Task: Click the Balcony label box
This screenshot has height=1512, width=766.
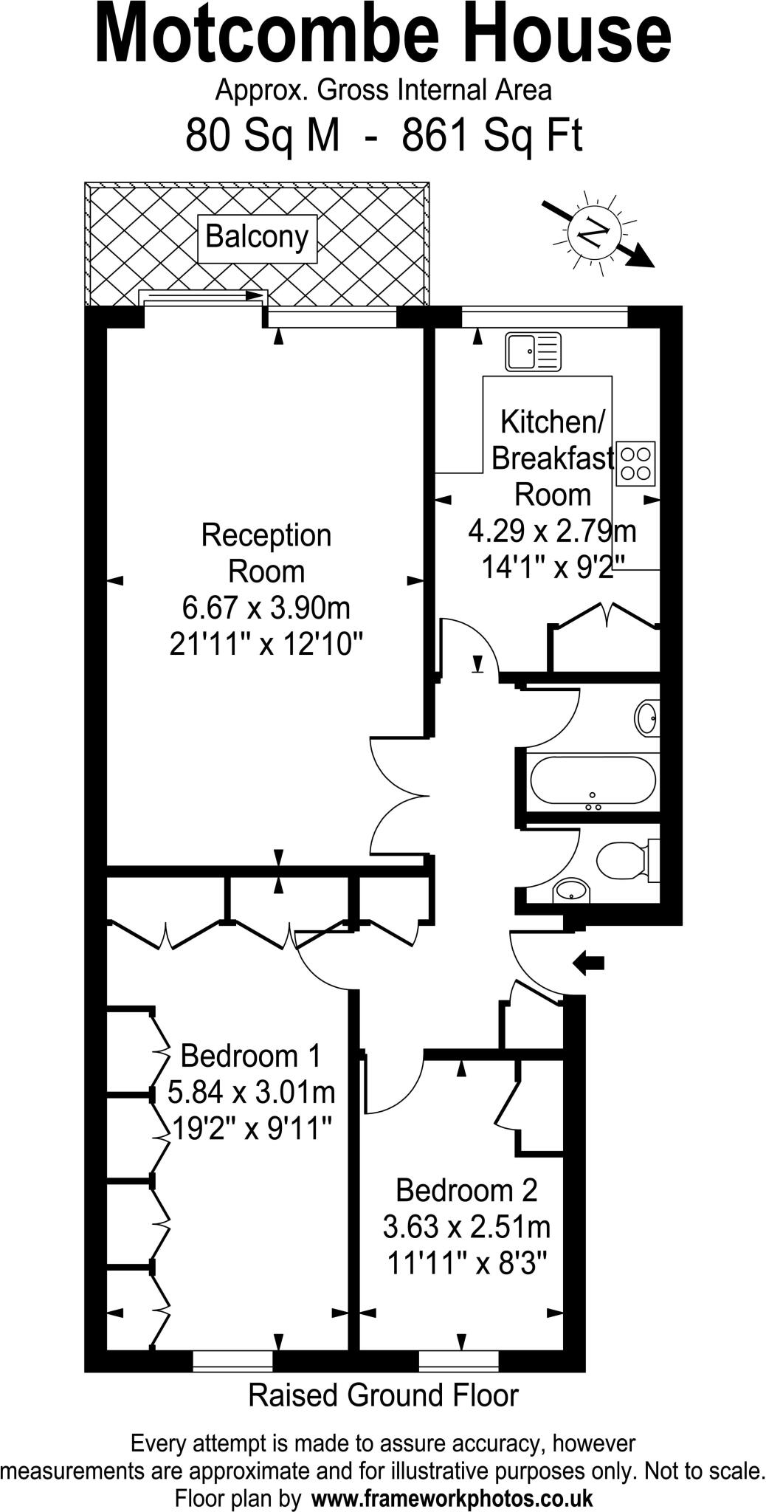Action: (x=257, y=238)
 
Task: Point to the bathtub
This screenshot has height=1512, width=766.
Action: (x=593, y=780)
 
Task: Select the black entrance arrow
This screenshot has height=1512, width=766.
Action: (x=588, y=963)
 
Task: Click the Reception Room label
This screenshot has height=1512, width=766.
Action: (x=266, y=553)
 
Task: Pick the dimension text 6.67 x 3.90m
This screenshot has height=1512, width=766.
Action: (x=266, y=608)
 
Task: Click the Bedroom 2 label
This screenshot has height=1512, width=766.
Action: (x=466, y=1189)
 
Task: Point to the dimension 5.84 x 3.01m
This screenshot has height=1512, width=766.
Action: (x=252, y=1090)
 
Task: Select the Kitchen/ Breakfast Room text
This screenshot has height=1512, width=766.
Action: (x=552, y=458)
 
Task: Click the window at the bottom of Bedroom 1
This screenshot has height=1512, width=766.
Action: (x=232, y=1361)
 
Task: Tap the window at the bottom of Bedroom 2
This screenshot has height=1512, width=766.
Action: (x=458, y=1361)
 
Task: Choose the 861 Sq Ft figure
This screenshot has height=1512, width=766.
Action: (x=492, y=135)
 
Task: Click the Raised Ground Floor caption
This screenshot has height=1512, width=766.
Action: (x=383, y=1396)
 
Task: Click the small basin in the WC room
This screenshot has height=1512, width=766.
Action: (x=571, y=890)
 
